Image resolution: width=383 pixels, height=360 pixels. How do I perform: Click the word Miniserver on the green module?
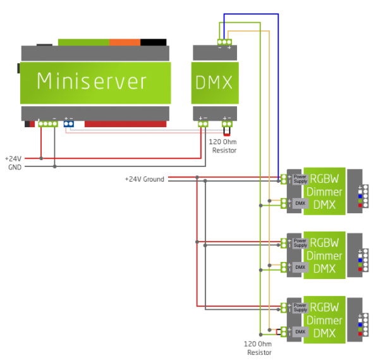pyautogui.click(x=92, y=81)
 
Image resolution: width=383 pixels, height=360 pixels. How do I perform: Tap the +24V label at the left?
pyautogui.click(x=13, y=158)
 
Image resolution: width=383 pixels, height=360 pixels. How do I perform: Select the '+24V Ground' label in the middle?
pyautogui.click(x=145, y=179)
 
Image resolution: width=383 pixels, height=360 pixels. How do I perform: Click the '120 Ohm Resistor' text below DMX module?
pyautogui.click(x=224, y=147)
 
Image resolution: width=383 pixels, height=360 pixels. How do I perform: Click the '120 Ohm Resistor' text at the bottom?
pyautogui.click(x=259, y=349)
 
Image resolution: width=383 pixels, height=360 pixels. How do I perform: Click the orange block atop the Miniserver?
pyautogui.click(x=125, y=42)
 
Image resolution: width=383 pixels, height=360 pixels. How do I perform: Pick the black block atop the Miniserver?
pyautogui.click(x=153, y=42)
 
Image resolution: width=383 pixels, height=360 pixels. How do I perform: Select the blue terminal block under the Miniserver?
pyautogui.click(x=69, y=123)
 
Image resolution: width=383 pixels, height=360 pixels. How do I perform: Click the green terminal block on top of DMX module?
pyautogui.click(x=224, y=43)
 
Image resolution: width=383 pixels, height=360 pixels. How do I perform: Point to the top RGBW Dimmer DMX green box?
pyautogui.click(x=324, y=191)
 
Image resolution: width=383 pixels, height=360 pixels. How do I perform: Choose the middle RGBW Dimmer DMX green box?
pyautogui.click(x=324, y=255)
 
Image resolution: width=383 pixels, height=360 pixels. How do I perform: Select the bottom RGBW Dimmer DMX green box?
pyautogui.click(x=324, y=320)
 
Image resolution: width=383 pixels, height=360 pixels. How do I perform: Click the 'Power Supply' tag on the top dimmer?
pyautogui.click(x=300, y=179)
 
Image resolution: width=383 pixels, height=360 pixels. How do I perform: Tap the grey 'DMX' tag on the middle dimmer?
pyautogui.click(x=300, y=267)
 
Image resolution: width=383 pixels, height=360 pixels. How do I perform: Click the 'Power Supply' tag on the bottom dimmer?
pyautogui.click(x=300, y=307)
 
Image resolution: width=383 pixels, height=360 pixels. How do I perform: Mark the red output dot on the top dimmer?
pyautogui.click(x=360, y=205)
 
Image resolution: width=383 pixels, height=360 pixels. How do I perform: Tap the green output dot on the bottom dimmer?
pyautogui.click(x=360, y=328)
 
